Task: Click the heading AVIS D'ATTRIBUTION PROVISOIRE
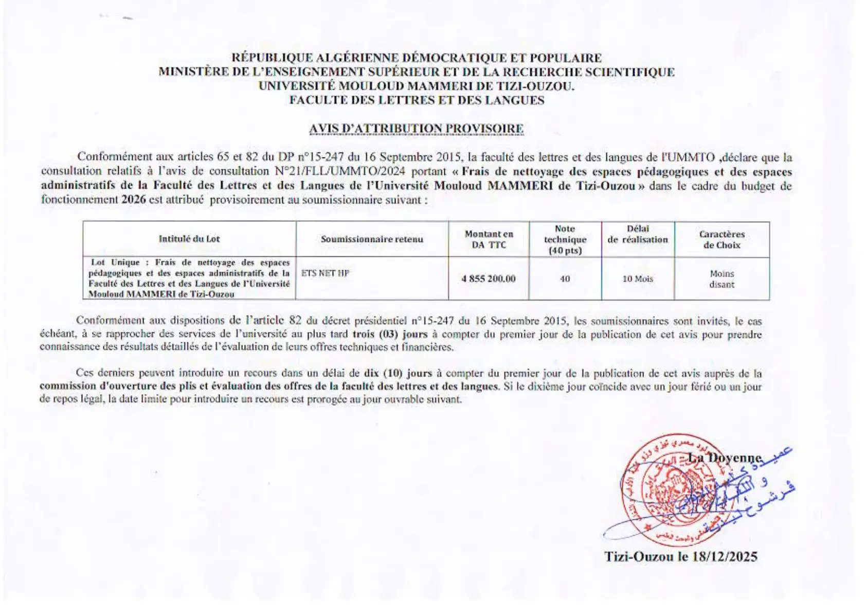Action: tap(416, 129)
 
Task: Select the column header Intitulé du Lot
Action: tap(189, 239)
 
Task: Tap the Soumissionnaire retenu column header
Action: tap(372, 239)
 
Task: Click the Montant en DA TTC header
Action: tap(489, 239)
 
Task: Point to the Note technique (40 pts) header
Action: tap(565, 239)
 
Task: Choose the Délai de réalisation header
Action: tap(638, 234)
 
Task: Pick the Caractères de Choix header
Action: tap(721, 239)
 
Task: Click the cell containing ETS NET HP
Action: tap(325, 273)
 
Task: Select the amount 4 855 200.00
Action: tap(488, 278)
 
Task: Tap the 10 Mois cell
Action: tap(638, 278)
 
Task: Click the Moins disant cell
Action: tap(721, 279)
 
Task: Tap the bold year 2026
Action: tap(133, 200)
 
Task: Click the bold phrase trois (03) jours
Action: tap(390, 334)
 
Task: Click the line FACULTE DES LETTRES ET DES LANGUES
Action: tap(416, 100)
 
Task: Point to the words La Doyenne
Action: tap(725, 458)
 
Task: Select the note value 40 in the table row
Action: tap(565, 278)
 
